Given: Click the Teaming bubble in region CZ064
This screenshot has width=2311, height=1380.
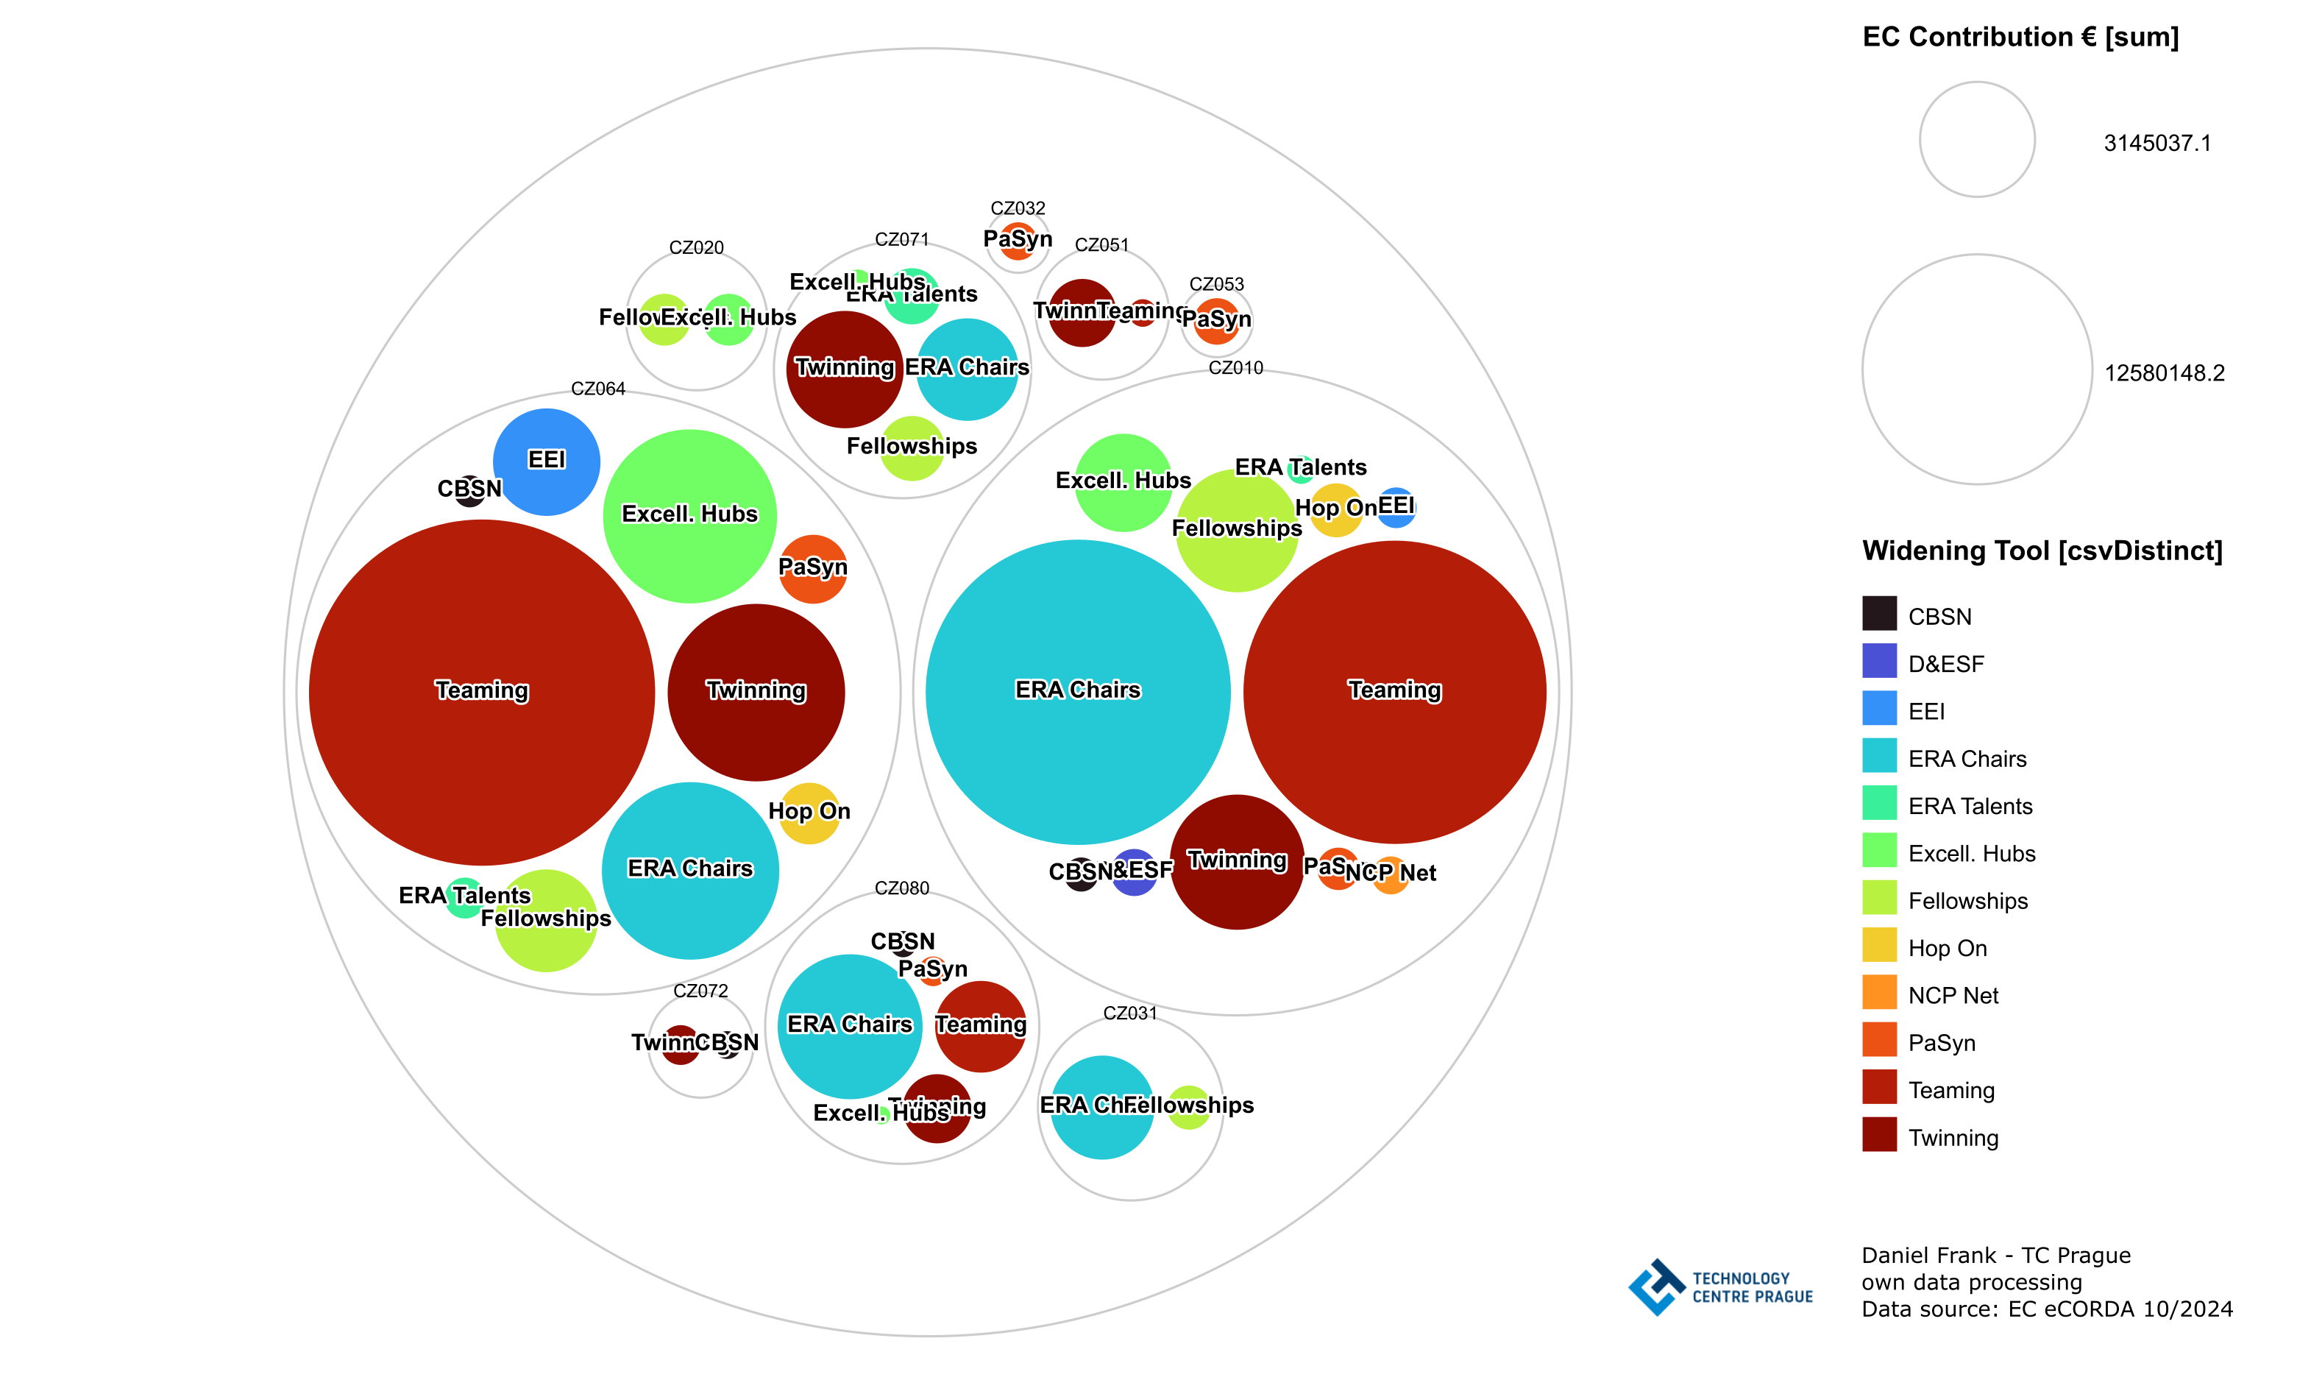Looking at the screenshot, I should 481,692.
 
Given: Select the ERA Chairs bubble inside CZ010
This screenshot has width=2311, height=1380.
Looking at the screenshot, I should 1077,692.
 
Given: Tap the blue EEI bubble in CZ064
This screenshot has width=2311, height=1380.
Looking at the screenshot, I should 547,461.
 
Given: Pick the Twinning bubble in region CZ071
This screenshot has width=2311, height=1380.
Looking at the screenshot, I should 844,369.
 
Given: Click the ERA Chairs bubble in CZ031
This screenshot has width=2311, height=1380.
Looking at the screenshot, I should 1101,1107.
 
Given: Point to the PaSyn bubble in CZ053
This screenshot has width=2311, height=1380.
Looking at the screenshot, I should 1216,321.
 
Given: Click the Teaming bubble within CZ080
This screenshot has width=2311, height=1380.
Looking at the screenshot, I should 980,1026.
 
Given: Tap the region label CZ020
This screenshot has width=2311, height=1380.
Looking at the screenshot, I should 696,247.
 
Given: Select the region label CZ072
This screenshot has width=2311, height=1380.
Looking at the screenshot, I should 700,991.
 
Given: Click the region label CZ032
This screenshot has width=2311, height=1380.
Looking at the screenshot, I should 1018,208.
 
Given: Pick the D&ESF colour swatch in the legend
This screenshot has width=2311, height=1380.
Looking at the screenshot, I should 1878,661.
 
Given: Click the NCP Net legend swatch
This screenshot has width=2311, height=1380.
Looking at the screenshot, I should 1878,992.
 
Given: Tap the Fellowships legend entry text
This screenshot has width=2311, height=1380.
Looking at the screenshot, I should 1967,900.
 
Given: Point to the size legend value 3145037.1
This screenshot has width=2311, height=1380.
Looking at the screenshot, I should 2156,144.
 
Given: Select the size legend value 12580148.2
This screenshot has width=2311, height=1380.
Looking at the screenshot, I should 2164,373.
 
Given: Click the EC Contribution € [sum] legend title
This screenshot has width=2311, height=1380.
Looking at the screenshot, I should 2020,38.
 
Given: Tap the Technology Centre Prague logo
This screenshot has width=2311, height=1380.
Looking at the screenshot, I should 1719,1287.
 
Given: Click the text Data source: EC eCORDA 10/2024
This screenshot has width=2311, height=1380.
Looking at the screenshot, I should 2046,1309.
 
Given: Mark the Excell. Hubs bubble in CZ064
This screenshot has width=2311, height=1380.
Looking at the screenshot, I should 689,515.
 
